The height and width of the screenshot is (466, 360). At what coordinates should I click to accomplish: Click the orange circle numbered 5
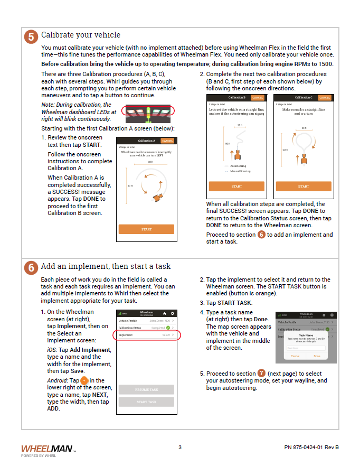pos(31,36)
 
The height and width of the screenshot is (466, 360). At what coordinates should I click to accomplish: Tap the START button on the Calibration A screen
pos(146,229)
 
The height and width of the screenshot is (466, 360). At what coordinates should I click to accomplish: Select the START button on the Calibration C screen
pos(304,187)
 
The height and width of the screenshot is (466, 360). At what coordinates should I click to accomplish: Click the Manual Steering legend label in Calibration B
pos(240,171)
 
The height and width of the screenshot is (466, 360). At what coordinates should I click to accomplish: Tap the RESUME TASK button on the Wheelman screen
pos(146,390)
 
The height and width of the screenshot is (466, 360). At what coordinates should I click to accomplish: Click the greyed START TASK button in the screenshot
pos(146,402)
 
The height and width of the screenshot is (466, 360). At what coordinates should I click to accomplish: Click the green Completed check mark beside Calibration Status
pos(168,328)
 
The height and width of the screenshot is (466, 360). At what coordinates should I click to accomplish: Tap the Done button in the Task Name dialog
pos(317,356)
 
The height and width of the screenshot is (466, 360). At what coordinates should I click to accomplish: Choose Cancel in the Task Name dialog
pos(295,356)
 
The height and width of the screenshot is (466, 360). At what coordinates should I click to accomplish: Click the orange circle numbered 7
pos(261,374)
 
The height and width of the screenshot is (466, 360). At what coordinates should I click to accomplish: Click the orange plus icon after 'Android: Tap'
pos(84,380)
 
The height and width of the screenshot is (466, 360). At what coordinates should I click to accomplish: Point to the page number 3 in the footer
pos(180,448)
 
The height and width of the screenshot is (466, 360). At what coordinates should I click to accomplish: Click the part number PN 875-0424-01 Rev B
pos(311,448)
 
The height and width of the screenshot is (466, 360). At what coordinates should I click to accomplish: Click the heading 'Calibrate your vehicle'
pos(81,35)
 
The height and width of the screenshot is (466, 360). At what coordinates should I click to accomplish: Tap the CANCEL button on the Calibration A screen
pos(167,141)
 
